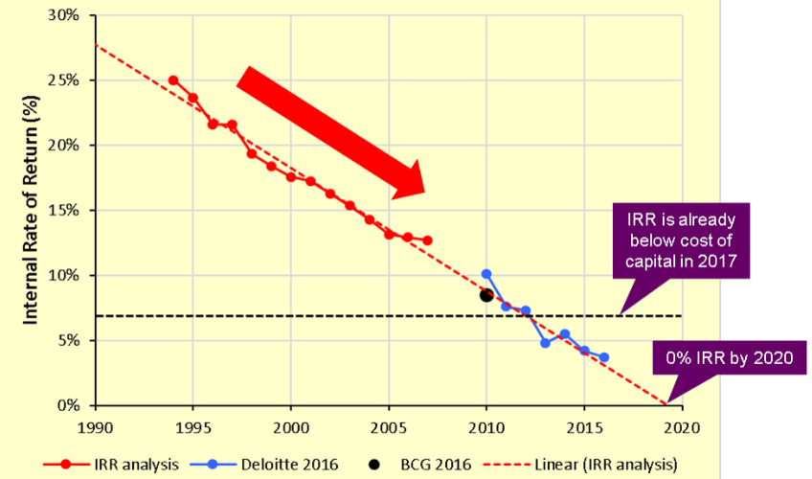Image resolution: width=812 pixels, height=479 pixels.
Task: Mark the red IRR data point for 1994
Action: [173, 80]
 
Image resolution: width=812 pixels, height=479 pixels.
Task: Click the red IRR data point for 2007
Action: [428, 240]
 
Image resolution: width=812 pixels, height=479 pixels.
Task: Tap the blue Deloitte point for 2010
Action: [486, 274]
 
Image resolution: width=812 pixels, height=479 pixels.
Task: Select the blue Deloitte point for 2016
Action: [604, 357]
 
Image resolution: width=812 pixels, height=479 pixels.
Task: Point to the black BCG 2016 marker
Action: [486, 295]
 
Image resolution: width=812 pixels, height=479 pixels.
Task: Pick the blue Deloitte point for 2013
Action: [545, 342]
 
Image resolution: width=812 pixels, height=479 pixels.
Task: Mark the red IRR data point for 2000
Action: [291, 176]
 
